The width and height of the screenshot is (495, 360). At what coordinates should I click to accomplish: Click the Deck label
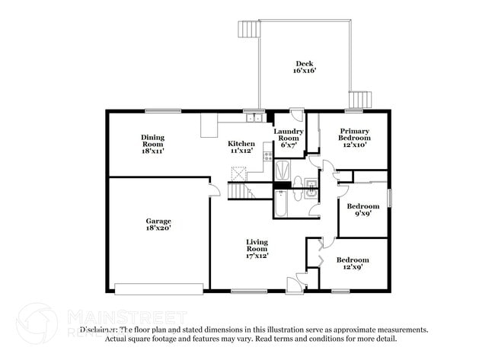tap(305, 67)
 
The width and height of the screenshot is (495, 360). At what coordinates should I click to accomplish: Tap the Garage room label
tap(158, 225)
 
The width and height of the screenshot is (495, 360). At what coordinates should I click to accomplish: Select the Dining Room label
tap(152, 144)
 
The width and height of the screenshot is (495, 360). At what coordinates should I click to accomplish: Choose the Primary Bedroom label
tap(355, 137)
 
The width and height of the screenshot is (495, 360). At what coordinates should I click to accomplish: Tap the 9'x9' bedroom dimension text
tap(362, 214)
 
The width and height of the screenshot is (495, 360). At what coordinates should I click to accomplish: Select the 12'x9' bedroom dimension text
tap(353, 268)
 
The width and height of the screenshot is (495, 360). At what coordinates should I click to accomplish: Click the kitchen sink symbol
tap(255, 118)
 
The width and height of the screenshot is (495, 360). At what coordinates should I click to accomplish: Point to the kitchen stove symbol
tap(267, 156)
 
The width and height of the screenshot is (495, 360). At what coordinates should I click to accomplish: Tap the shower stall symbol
tap(283, 168)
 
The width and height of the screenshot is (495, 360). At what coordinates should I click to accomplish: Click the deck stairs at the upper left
tap(249, 29)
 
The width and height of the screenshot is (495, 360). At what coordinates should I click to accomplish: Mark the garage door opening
tap(158, 288)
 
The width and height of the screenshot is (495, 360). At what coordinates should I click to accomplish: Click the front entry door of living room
tap(293, 285)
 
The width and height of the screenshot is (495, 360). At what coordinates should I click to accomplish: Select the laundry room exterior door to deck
tap(297, 116)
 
